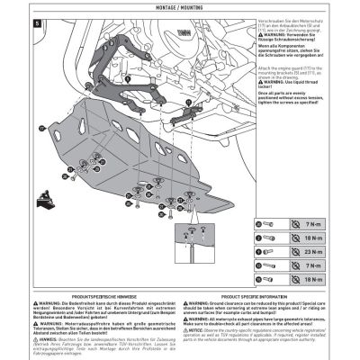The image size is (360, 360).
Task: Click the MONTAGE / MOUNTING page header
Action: (x=179, y=7)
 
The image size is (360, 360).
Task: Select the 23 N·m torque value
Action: (x=317, y=254)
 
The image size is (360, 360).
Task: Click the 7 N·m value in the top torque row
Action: (x=317, y=222)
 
